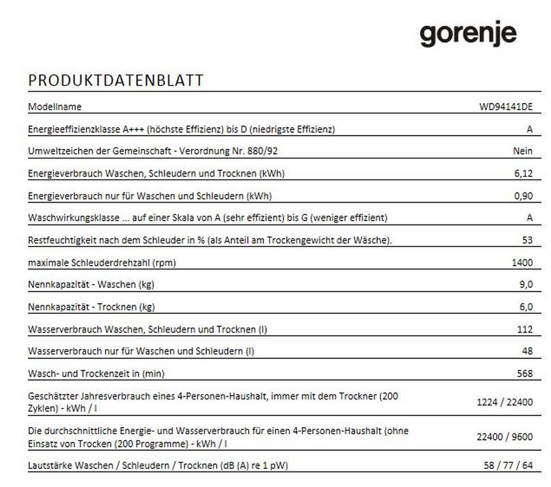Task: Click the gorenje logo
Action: (x=467, y=34)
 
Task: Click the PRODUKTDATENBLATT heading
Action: (x=116, y=81)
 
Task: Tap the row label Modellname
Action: (x=55, y=107)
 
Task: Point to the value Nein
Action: (x=522, y=151)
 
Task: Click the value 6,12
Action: (x=523, y=173)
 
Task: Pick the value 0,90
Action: (x=523, y=195)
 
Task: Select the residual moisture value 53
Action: (x=527, y=240)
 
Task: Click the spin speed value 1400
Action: (x=522, y=262)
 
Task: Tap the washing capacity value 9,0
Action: (x=526, y=285)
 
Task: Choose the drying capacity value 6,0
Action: (x=526, y=307)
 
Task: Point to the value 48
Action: (x=527, y=351)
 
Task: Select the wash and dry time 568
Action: (x=525, y=374)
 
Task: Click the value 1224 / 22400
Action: (x=504, y=403)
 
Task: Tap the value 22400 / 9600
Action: (x=504, y=437)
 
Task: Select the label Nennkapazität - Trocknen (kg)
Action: (x=91, y=307)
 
